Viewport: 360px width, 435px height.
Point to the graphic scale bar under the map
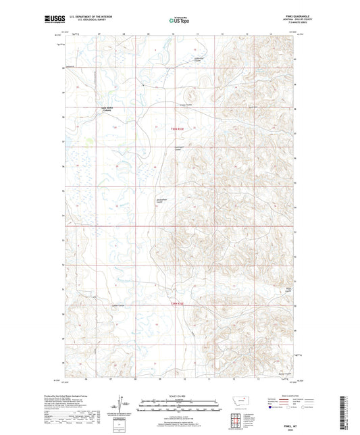pyautogui.click(x=180, y=406)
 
